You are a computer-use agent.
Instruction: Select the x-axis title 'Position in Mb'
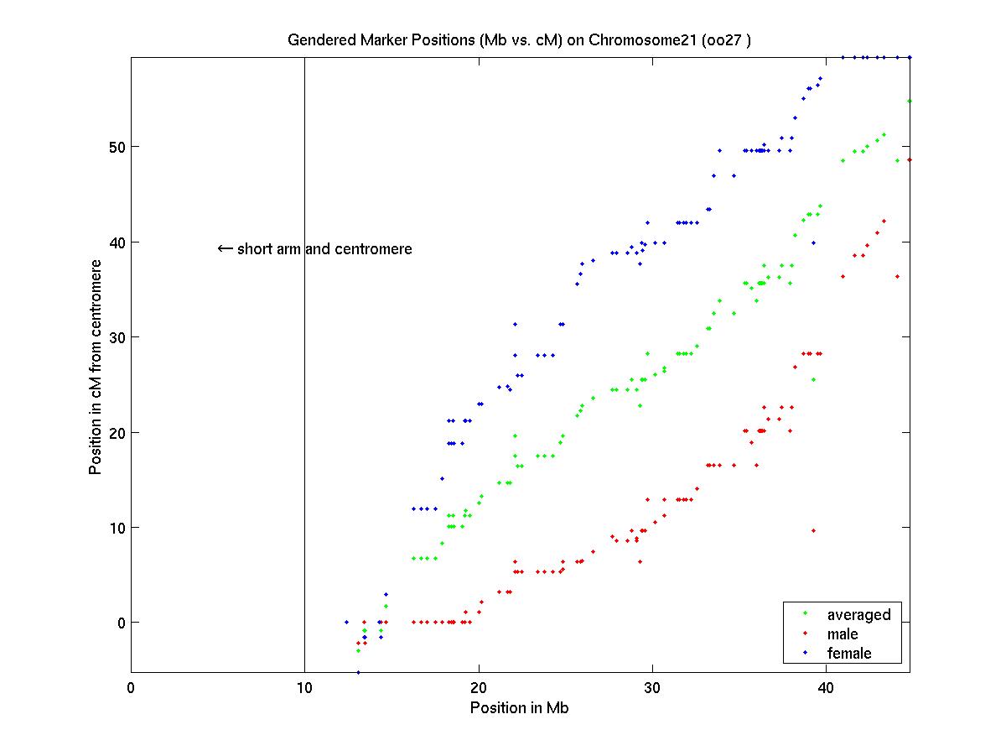(520, 708)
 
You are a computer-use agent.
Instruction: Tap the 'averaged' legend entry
(858, 615)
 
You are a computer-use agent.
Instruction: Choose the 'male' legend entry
(843, 634)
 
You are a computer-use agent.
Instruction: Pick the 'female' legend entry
(849, 654)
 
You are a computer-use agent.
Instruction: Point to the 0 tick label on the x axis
(132, 688)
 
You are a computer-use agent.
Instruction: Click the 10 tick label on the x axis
(304, 688)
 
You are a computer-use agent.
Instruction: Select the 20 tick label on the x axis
(479, 688)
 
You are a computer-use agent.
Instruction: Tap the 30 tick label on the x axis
(652, 688)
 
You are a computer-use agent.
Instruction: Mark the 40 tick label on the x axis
(826, 688)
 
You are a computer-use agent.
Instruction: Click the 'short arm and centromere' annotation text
(324, 249)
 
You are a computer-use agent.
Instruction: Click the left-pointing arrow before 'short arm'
(225, 249)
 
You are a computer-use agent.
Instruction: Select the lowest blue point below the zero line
(358, 672)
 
